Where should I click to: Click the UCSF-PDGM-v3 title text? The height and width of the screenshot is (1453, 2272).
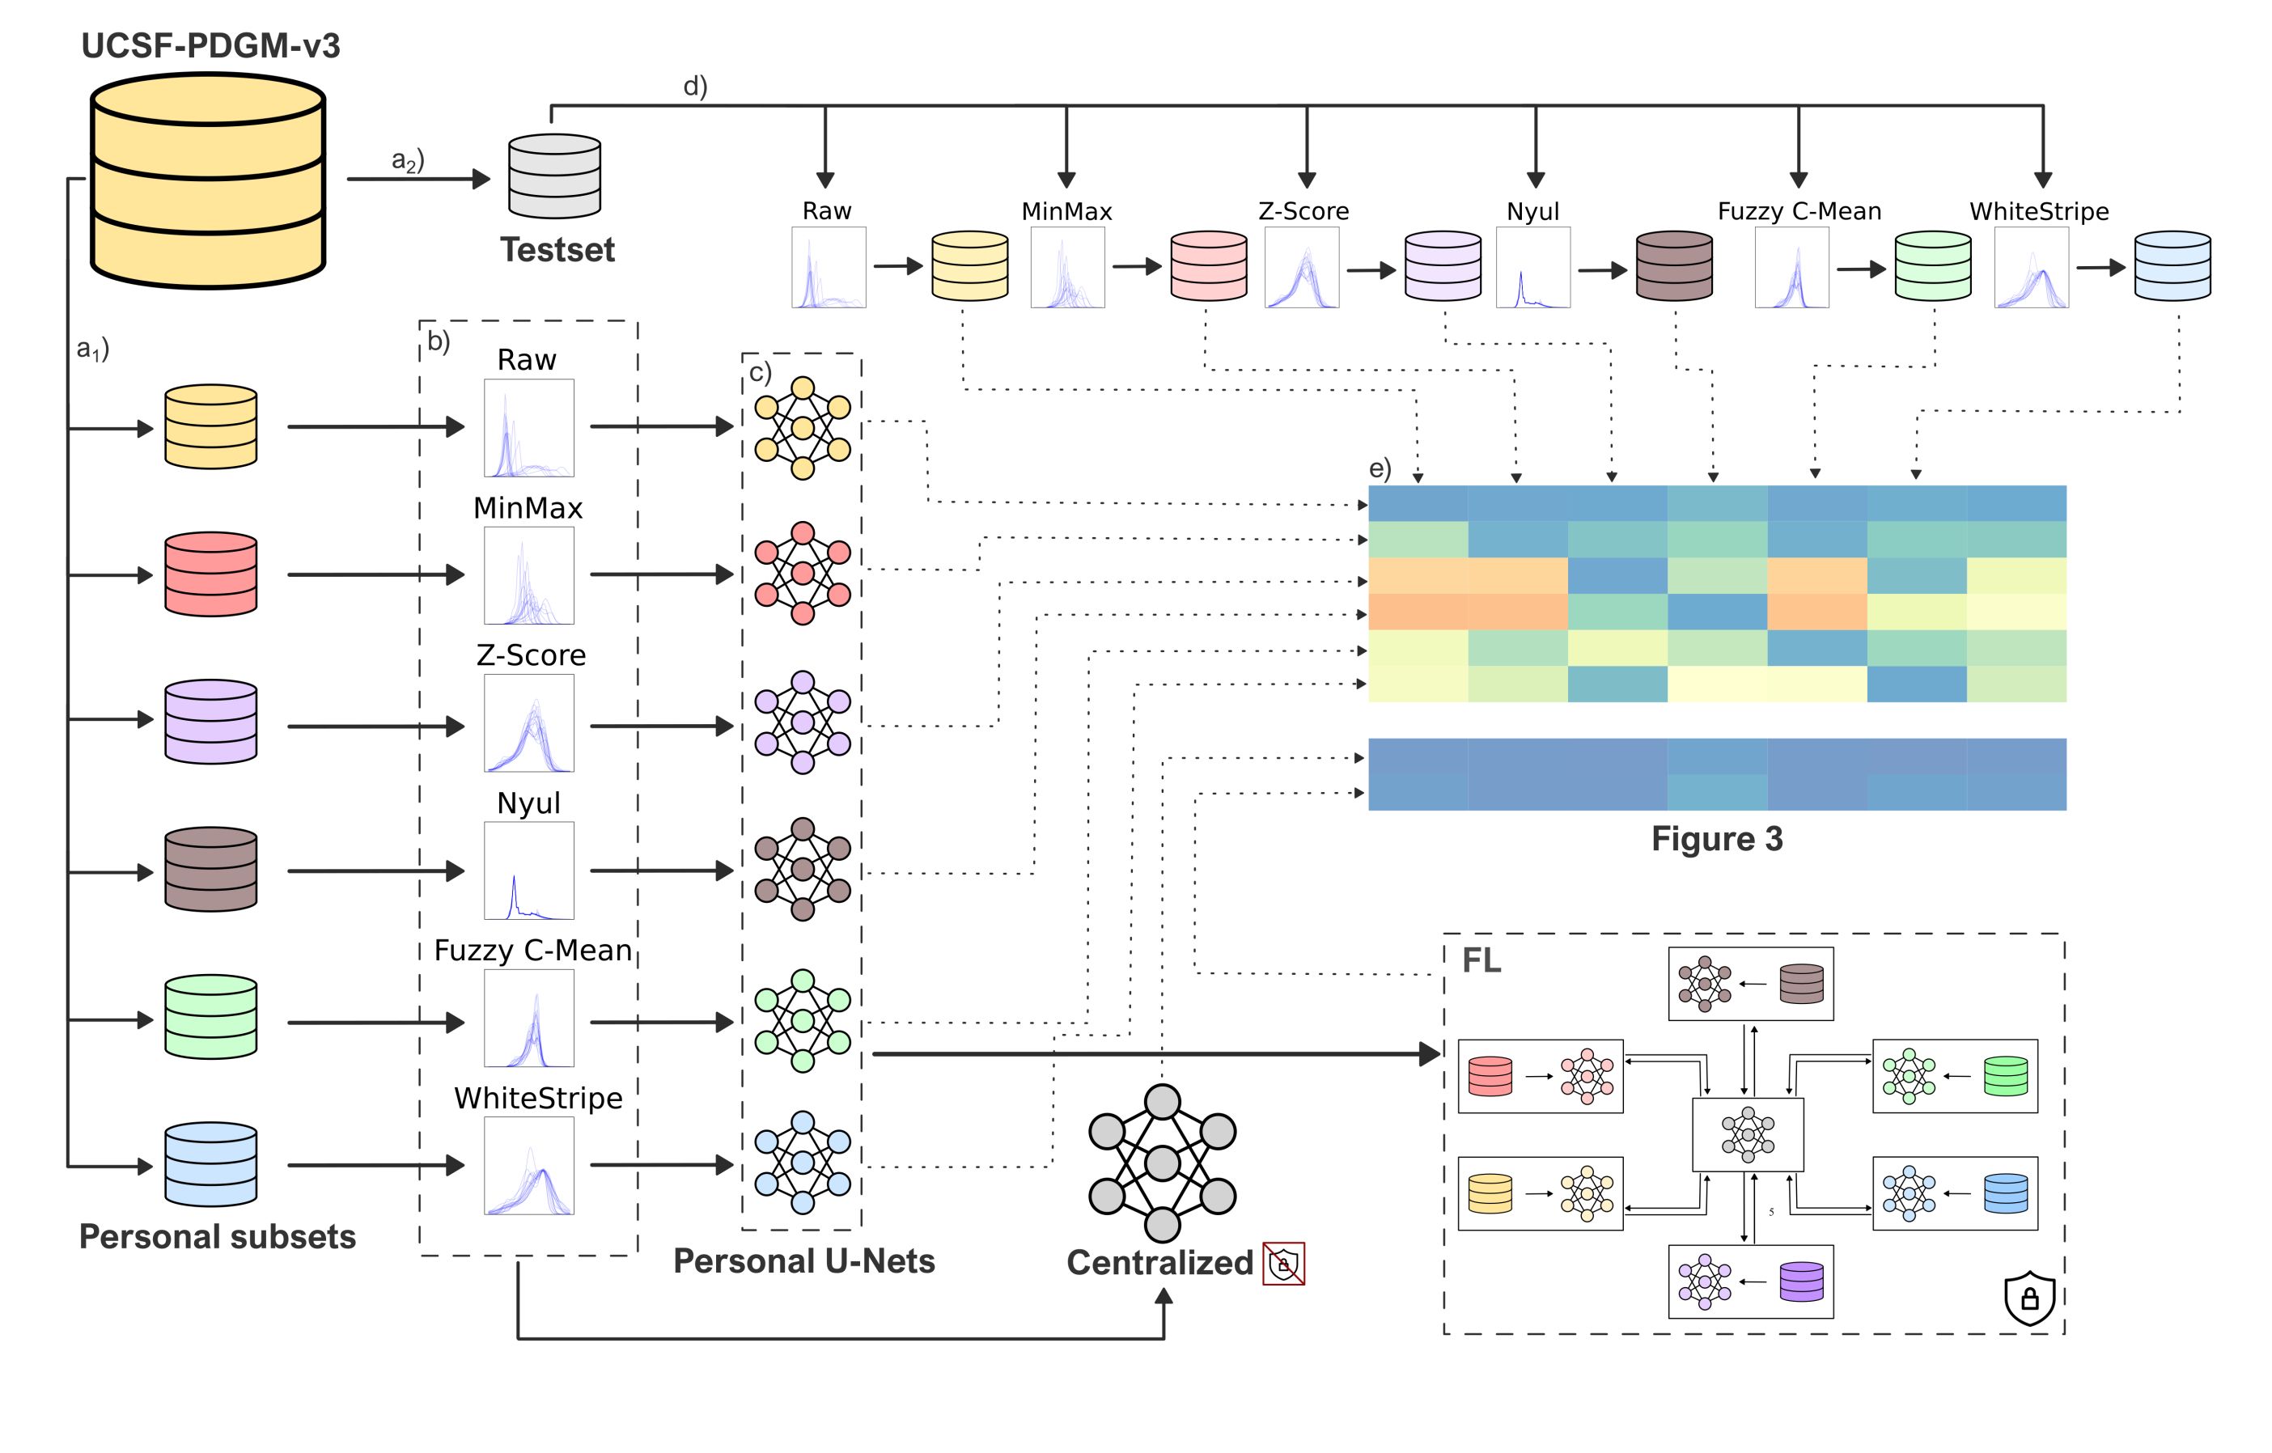tap(210, 45)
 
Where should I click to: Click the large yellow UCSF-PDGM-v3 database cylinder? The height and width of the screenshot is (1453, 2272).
tap(209, 180)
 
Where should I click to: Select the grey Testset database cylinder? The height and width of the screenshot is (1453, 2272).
tap(555, 176)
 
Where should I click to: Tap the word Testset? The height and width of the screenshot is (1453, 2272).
tap(557, 250)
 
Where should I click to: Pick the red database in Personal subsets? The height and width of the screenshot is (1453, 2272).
tap(210, 574)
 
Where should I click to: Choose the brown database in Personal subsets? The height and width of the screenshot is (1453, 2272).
tap(210, 869)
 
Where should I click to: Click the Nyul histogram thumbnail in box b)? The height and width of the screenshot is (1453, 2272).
tap(528, 870)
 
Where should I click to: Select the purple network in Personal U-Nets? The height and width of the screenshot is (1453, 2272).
tap(802, 722)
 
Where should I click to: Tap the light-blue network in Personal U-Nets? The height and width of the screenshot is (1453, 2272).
tap(802, 1163)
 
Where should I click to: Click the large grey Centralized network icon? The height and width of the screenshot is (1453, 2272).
tap(1163, 1163)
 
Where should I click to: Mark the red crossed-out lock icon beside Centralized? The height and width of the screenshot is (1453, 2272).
tap(1284, 1264)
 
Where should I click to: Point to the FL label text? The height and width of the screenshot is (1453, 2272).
tap(1481, 960)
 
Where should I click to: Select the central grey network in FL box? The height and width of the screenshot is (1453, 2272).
tap(1748, 1135)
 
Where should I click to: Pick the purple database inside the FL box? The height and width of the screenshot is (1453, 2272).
tap(1801, 1282)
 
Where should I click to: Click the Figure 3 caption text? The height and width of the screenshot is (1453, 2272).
tap(1716, 839)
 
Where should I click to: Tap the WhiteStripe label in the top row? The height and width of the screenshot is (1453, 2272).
tap(2038, 211)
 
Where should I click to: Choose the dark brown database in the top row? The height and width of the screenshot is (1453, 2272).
tap(1674, 266)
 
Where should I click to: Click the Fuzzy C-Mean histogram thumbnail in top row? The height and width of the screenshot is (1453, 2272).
tap(1791, 267)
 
